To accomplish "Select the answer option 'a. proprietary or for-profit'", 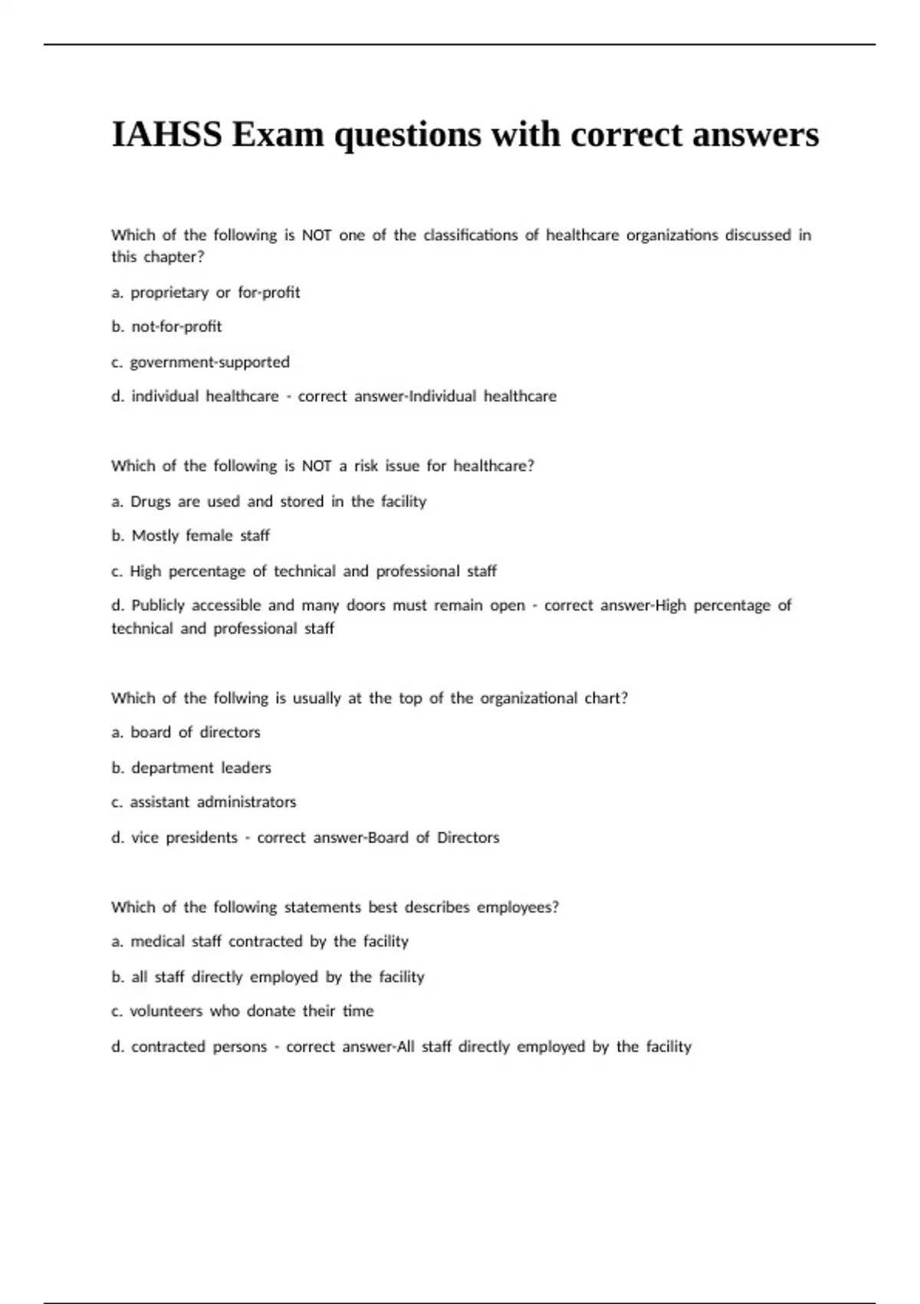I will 205,292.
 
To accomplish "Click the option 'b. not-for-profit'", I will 166,327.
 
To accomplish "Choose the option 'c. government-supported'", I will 200,362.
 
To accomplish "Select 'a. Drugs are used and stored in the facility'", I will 268,501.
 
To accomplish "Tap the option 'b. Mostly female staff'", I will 190,535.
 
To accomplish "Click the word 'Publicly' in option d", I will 158,605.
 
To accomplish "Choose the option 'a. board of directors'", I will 186,732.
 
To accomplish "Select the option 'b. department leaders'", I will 191,768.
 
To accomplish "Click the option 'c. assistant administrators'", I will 203,802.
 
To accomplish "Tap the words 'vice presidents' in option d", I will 184,838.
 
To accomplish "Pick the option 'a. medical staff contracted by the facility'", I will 260,941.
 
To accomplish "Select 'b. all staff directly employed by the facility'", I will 268,976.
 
